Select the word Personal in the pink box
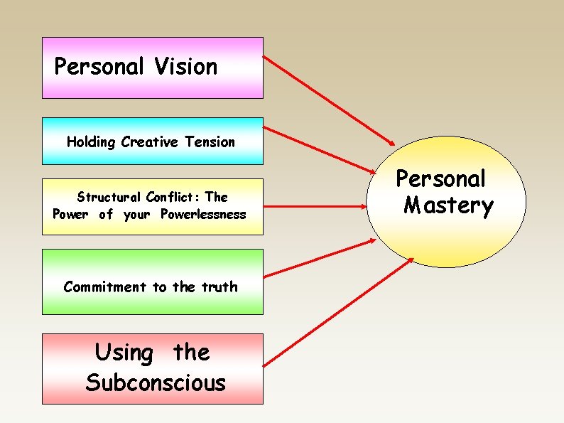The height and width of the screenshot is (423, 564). (99, 67)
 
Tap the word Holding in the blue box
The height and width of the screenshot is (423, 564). (92, 142)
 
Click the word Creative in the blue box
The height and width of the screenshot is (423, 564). (150, 142)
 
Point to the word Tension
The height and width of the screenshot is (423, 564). (210, 142)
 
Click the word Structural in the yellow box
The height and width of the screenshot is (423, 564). (109, 197)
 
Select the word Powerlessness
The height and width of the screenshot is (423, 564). (203, 214)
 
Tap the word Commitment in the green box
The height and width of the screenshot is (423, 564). (104, 287)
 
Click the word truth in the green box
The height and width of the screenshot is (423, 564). (219, 287)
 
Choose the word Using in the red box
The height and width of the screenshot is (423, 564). (124, 352)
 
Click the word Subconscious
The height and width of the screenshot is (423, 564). (156, 382)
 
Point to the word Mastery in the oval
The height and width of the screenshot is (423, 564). (448, 205)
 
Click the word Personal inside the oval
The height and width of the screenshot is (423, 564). (440, 178)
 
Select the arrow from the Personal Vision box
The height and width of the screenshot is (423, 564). (331, 100)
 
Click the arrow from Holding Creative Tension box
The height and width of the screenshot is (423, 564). (320, 150)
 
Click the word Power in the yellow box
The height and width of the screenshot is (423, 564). (71, 214)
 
